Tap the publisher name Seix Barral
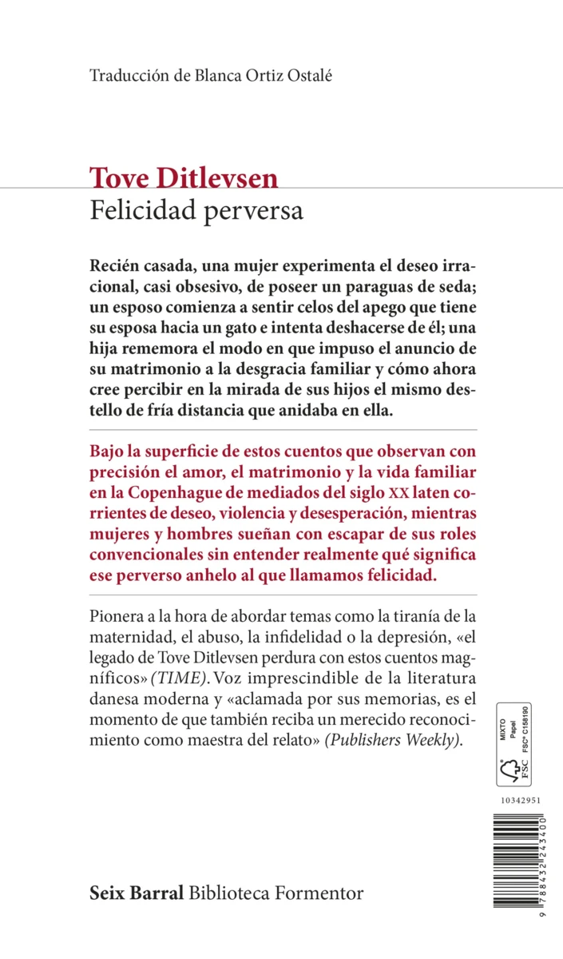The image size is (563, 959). [x=137, y=892]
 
